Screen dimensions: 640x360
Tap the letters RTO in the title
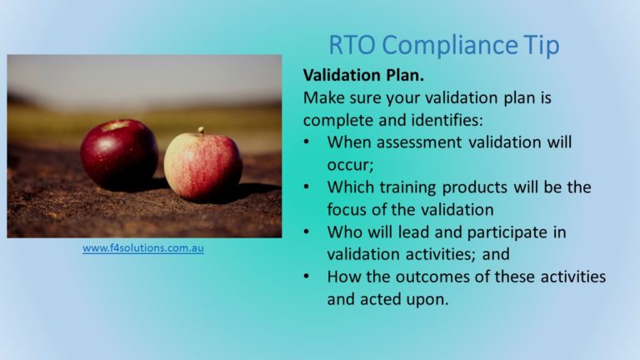pyautogui.click(x=352, y=44)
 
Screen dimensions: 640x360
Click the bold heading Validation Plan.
pyautogui.click(x=363, y=75)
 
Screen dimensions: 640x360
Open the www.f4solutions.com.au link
pyautogui.click(x=142, y=248)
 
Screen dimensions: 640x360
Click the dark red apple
pyautogui.click(x=119, y=154)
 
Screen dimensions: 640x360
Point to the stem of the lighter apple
pyautogui.click(x=201, y=131)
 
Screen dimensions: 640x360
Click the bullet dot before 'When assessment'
pyautogui.click(x=307, y=142)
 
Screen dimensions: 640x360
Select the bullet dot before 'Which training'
pyautogui.click(x=307, y=187)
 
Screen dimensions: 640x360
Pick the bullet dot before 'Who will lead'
pyautogui.click(x=307, y=232)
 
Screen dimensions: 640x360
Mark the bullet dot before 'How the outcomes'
pyautogui.click(x=307, y=277)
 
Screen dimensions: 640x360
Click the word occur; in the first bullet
pyautogui.click(x=350, y=166)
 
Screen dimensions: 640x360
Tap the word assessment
pyautogui.click(x=419, y=142)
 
